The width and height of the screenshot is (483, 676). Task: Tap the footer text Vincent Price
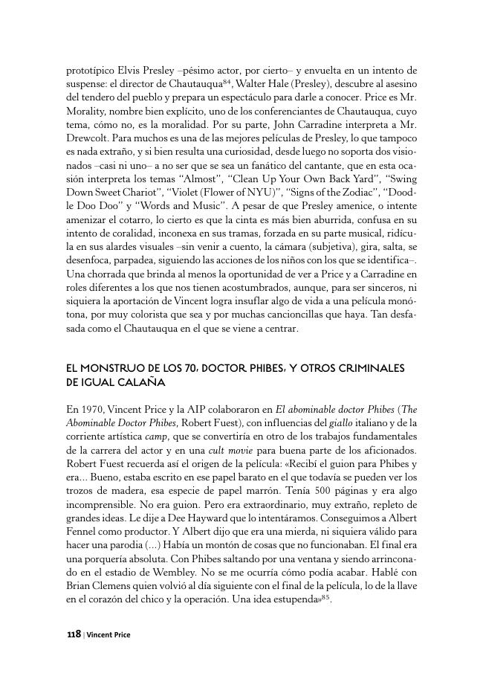pyautogui.click(x=108, y=635)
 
